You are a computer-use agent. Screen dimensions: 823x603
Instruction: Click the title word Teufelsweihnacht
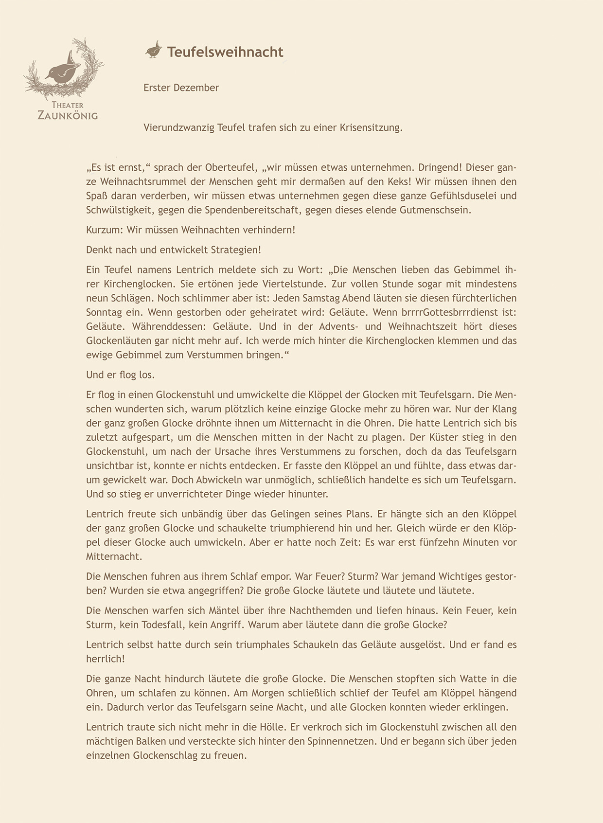pyautogui.click(x=225, y=52)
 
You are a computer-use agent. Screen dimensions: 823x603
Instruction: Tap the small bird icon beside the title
pyautogui.click(x=154, y=50)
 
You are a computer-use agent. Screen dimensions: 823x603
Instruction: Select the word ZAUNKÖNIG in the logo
pyautogui.click(x=68, y=116)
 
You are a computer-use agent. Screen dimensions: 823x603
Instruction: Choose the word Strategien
pyautogui.click(x=235, y=250)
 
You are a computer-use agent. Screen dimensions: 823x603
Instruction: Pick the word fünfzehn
pyautogui.click(x=437, y=542)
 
